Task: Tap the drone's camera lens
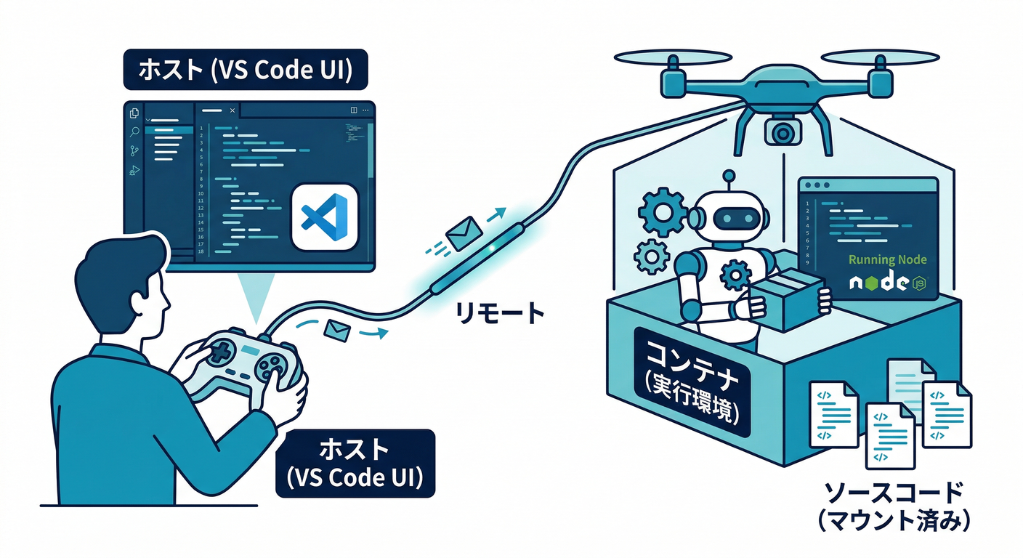click(x=782, y=132)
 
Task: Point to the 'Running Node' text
click(x=887, y=259)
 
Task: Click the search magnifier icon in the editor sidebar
click(x=134, y=132)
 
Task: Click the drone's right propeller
click(x=880, y=56)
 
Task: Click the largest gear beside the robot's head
click(x=662, y=211)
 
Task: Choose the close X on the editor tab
click(x=232, y=110)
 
